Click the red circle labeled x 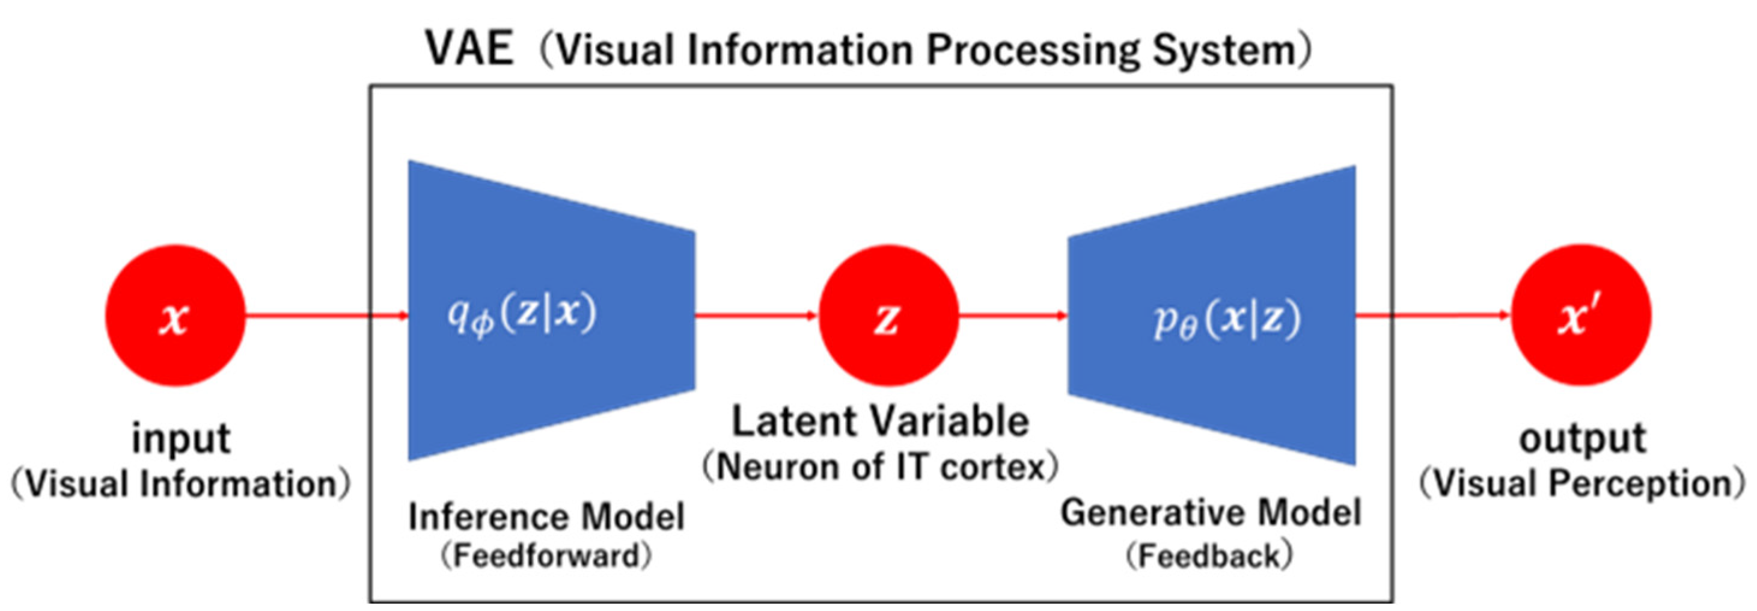click(174, 315)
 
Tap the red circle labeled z click(888, 315)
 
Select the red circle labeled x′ click(1581, 315)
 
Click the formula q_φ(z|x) click(522, 315)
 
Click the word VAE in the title click(469, 49)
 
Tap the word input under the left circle click(181, 439)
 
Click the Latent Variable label click(880, 421)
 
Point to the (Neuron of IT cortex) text click(880, 468)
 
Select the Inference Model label click(546, 516)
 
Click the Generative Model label click(1211, 513)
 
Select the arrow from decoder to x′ click(1432, 315)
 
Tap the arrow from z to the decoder click(1013, 315)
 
